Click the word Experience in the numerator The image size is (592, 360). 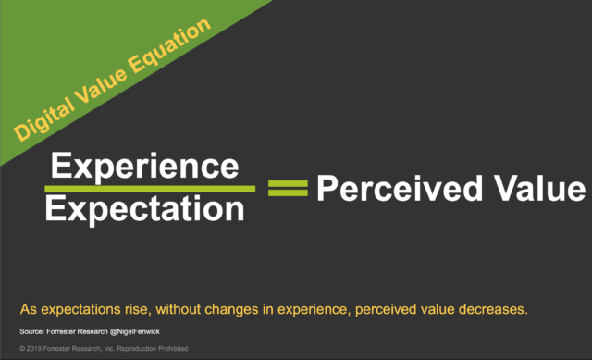[x=144, y=167]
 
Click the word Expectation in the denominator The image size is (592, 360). [x=145, y=209]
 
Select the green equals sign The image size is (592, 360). [x=287, y=189]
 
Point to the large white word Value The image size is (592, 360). [x=536, y=189]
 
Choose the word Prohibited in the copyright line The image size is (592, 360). [x=171, y=349]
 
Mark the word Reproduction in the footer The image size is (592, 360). [x=129, y=349]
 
